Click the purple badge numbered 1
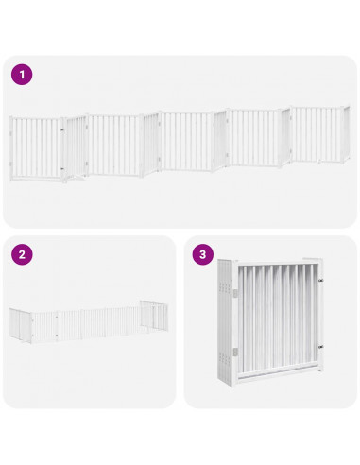pos(22,74)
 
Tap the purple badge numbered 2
pos(22,254)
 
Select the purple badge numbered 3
pos(202,254)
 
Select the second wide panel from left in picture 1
pos(115,146)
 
